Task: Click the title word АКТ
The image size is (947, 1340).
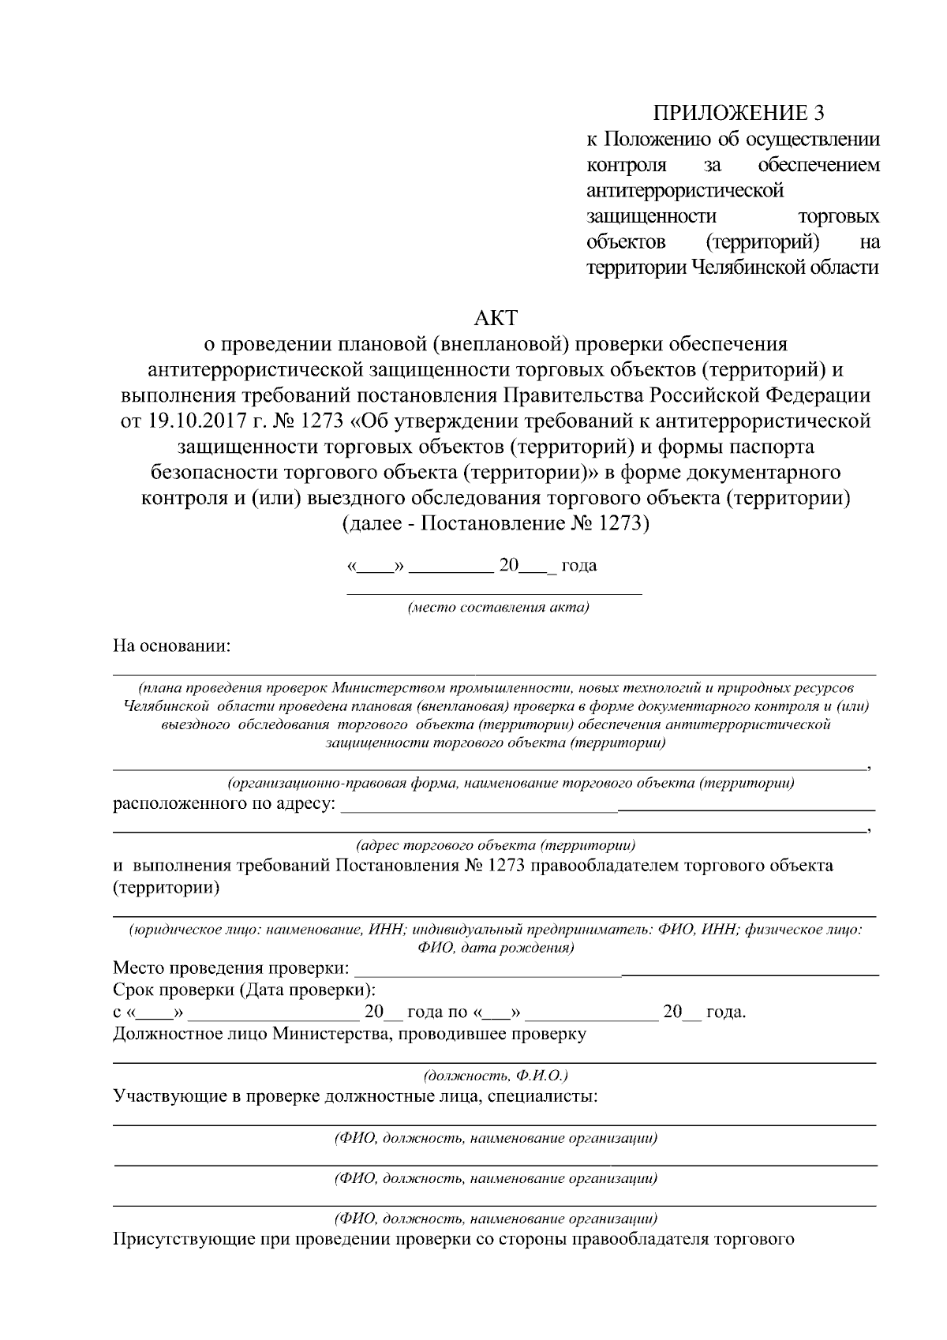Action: coord(495,319)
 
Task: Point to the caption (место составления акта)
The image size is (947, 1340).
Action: coord(498,608)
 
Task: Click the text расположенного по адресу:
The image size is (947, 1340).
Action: coord(224,804)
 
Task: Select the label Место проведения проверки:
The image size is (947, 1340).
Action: coord(231,968)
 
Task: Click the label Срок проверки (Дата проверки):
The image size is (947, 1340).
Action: coord(245,990)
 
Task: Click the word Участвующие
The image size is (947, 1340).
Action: coord(163,1097)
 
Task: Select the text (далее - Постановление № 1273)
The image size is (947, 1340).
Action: coord(495,523)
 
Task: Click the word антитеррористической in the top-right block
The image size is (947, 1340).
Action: coord(685,190)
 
